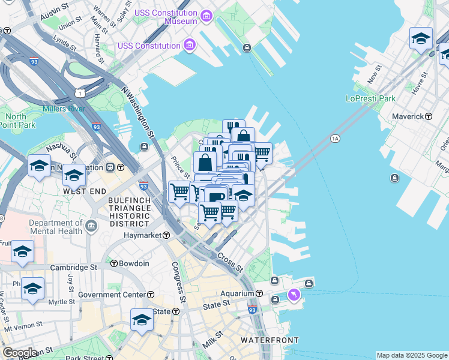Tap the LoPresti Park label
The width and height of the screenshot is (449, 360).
click(x=370, y=98)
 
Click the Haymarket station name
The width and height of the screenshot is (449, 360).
click(x=143, y=236)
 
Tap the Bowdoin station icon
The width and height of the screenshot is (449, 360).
click(x=114, y=263)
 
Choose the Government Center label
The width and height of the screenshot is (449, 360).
click(x=112, y=295)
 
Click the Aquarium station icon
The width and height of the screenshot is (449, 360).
click(x=259, y=293)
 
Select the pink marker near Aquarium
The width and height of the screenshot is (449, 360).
click(x=294, y=295)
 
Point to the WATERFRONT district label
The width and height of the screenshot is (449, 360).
click(x=270, y=340)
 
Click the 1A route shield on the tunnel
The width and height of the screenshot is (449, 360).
click(x=335, y=139)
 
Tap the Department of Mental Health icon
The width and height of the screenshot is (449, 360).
click(x=91, y=226)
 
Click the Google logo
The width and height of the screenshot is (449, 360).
click(x=19, y=353)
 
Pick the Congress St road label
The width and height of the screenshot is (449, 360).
click(x=178, y=281)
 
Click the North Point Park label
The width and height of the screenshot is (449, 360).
click(x=20, y=121)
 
